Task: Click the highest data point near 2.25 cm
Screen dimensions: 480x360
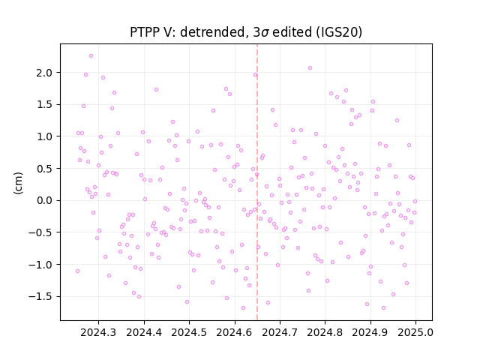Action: (91, 56)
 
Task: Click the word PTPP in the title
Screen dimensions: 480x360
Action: (143, 32)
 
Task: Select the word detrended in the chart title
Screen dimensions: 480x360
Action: (214, 32)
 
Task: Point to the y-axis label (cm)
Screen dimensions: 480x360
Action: (18, 183)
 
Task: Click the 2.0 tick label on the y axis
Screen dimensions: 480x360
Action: (44, 73)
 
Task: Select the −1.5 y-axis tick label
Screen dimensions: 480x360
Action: (40, 297)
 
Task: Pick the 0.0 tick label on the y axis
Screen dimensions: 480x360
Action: (44, 201)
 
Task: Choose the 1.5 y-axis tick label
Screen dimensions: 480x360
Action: (44, 105)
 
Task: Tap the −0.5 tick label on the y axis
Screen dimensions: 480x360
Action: (40, 232)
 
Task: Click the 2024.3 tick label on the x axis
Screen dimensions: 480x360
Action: (98, 332)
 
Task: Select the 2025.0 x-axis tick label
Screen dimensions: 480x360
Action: (415, 332)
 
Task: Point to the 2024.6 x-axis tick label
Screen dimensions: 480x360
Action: (235, 332)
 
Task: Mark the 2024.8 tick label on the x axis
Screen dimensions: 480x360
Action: (325, 332)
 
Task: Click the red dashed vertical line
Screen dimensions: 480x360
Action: (257, 182)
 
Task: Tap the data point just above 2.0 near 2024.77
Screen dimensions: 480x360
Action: (310, 68)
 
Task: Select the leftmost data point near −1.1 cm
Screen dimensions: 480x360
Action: (77, 271)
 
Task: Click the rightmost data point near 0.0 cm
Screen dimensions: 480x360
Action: (415, 202)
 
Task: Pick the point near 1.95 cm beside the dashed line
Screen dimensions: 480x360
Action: (255, 75)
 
